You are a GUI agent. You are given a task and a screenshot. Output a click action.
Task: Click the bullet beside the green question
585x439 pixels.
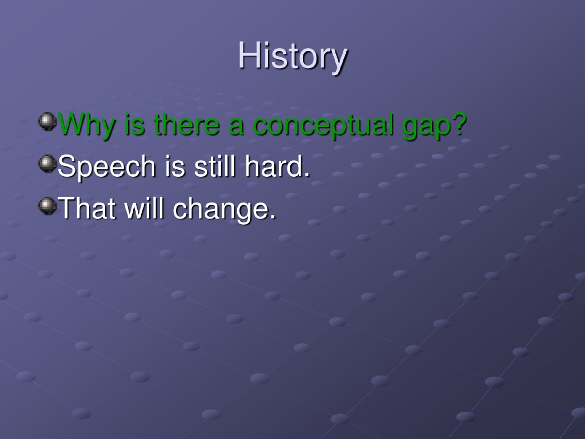(x=48, y=121)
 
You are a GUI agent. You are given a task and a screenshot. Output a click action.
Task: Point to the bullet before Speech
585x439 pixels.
(x=48, y=163)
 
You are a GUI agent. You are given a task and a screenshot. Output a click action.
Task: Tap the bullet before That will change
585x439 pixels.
(x=48, y=206)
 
